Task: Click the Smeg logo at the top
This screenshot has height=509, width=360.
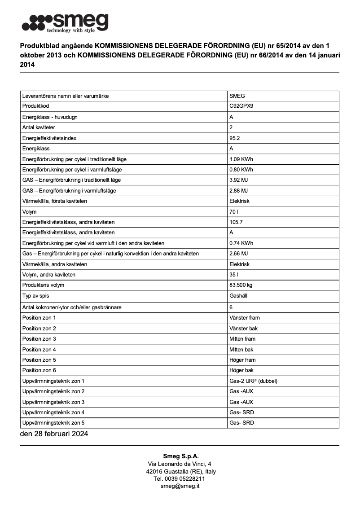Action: pos(65,23)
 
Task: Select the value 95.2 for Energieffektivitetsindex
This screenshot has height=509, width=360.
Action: pos(234,138)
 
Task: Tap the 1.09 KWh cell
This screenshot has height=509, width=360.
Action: pos(241,159)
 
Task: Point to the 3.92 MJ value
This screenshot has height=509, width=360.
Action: pos(238,180)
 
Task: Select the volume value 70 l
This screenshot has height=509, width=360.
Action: pos(233,212)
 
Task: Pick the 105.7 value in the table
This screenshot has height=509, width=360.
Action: pos(236,222)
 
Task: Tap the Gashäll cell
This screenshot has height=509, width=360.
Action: pos(238,296)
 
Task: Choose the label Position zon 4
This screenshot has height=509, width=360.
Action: pos(39,349)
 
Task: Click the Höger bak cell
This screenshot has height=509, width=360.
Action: pos(241,370)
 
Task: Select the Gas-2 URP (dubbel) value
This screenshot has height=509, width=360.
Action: pos(253,381)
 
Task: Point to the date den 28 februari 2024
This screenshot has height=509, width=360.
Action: pos(54,434)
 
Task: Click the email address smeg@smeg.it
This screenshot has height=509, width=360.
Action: pos(180,486)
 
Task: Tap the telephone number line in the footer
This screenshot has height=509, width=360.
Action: pos(180,479)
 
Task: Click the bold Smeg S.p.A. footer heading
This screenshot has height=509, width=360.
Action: pos(180,456)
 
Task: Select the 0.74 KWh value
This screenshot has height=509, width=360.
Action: pos(241,243)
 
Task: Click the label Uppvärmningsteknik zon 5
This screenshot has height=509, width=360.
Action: pos(53,423)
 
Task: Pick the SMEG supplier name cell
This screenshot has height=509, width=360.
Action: pos(237,96)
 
